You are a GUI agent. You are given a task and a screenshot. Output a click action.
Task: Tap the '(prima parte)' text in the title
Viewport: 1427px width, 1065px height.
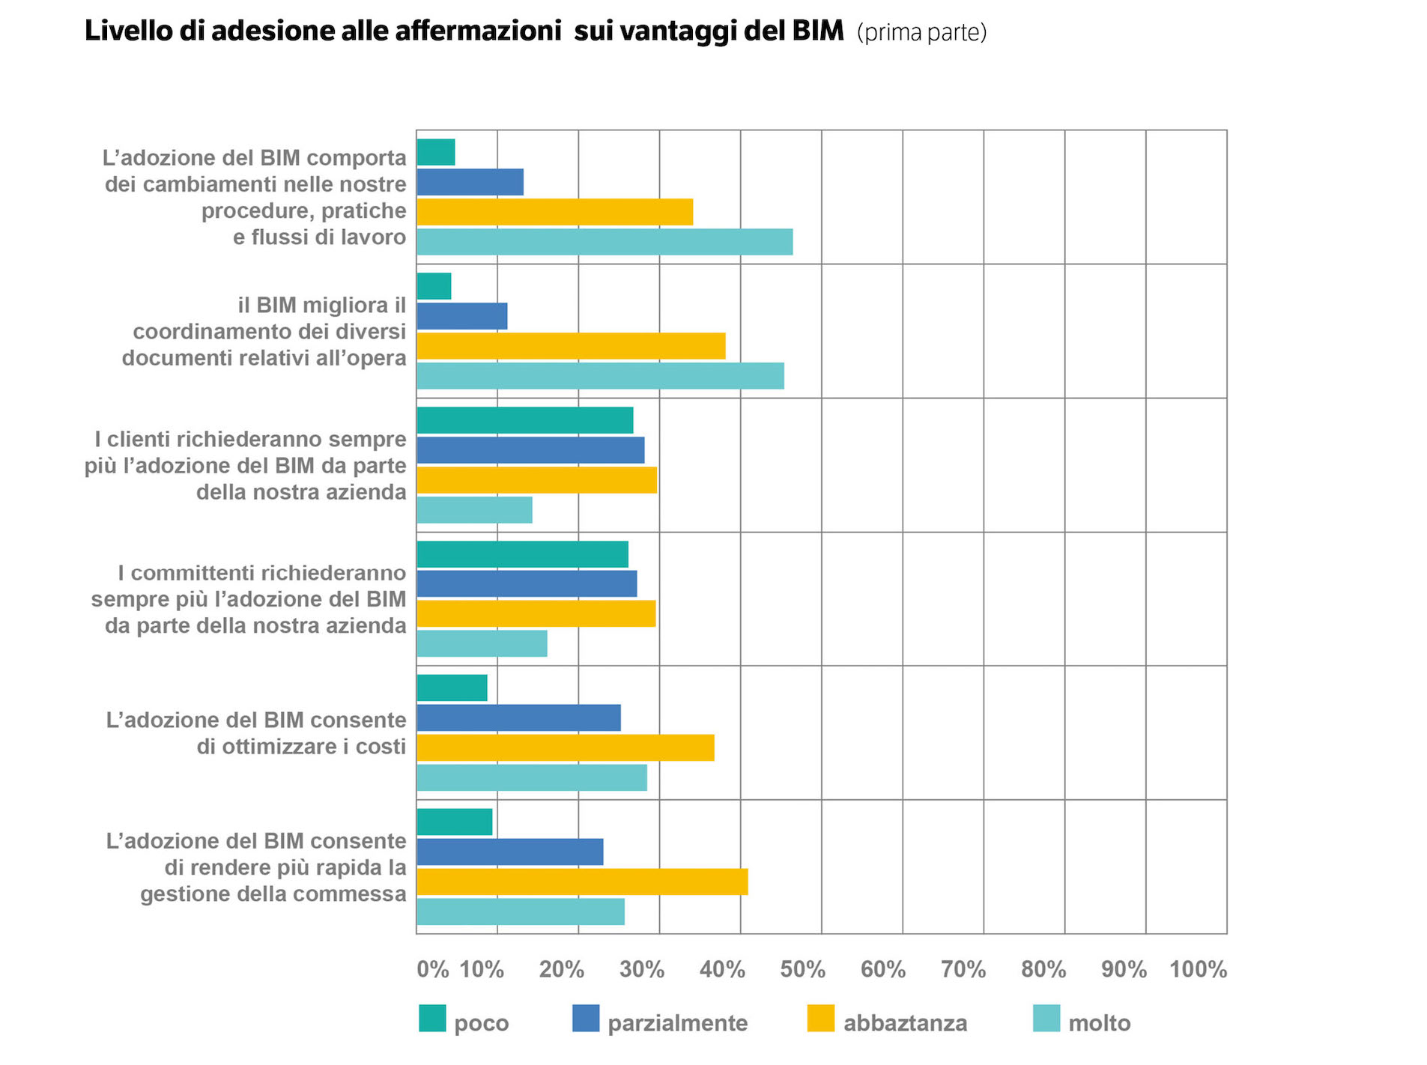coord(921,33)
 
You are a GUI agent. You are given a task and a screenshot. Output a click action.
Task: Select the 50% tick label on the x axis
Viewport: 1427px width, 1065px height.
coord(802,969)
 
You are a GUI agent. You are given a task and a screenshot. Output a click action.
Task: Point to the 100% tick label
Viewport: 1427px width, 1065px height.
coord(1198,969)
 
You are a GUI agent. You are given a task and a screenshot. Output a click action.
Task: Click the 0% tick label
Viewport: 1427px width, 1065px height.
coord(432,969)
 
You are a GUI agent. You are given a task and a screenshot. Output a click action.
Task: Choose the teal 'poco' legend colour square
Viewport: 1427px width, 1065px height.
coord(432,1019)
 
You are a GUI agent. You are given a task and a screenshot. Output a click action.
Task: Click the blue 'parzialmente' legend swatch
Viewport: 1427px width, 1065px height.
coord(586,1019)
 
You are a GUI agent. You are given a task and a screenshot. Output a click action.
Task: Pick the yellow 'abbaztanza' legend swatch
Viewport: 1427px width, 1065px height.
coord(821,1019)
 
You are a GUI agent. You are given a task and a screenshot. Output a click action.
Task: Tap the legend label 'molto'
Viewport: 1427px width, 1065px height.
coord(1099,1023)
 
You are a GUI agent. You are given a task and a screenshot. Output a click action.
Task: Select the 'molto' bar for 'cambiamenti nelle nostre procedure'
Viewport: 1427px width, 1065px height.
coord(605,242)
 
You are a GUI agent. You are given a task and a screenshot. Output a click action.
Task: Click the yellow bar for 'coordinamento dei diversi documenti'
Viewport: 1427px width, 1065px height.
coord(571,346)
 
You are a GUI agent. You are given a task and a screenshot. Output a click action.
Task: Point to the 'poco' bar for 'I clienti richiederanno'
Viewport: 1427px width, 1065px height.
coord(524,420)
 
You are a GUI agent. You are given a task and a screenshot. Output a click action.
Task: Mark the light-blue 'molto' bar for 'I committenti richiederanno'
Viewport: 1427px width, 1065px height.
coord(482,643)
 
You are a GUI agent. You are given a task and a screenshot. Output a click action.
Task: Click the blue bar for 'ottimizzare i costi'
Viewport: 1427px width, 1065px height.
coord(518,717)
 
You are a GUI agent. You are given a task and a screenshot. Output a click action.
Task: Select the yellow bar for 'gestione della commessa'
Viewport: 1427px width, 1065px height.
coord(582,882)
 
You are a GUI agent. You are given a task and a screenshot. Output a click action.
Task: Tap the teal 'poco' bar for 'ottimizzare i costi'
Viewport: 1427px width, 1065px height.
coord(452,688)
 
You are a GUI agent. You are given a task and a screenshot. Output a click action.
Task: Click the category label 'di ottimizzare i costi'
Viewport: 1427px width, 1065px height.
coord(301,747)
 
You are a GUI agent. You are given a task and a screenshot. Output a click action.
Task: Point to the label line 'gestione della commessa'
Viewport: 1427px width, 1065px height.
coord(273,893)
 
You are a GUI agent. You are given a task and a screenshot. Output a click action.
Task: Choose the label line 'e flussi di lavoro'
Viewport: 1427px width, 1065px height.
coord(319,237)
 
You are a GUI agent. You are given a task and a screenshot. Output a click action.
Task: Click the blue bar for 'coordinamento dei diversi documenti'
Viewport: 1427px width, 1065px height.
coord(461,316)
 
